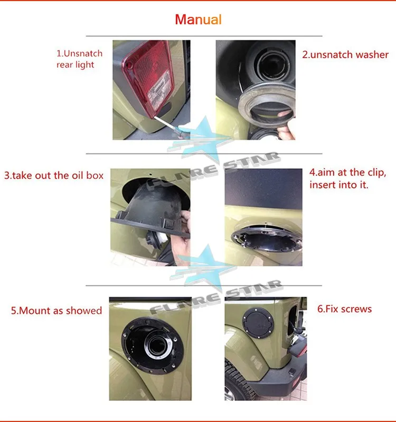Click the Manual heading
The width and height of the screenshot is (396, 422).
(x=198, y=20)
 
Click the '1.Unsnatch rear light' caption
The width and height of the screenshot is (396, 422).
(x=80, y=59)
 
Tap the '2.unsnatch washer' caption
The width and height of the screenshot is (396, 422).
(x=345, y=54)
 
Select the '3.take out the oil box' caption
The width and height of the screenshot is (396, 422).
(x=54, y=176)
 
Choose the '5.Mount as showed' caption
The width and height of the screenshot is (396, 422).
(x=56, y=310)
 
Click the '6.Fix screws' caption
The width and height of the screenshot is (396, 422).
(x=344, y=309)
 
